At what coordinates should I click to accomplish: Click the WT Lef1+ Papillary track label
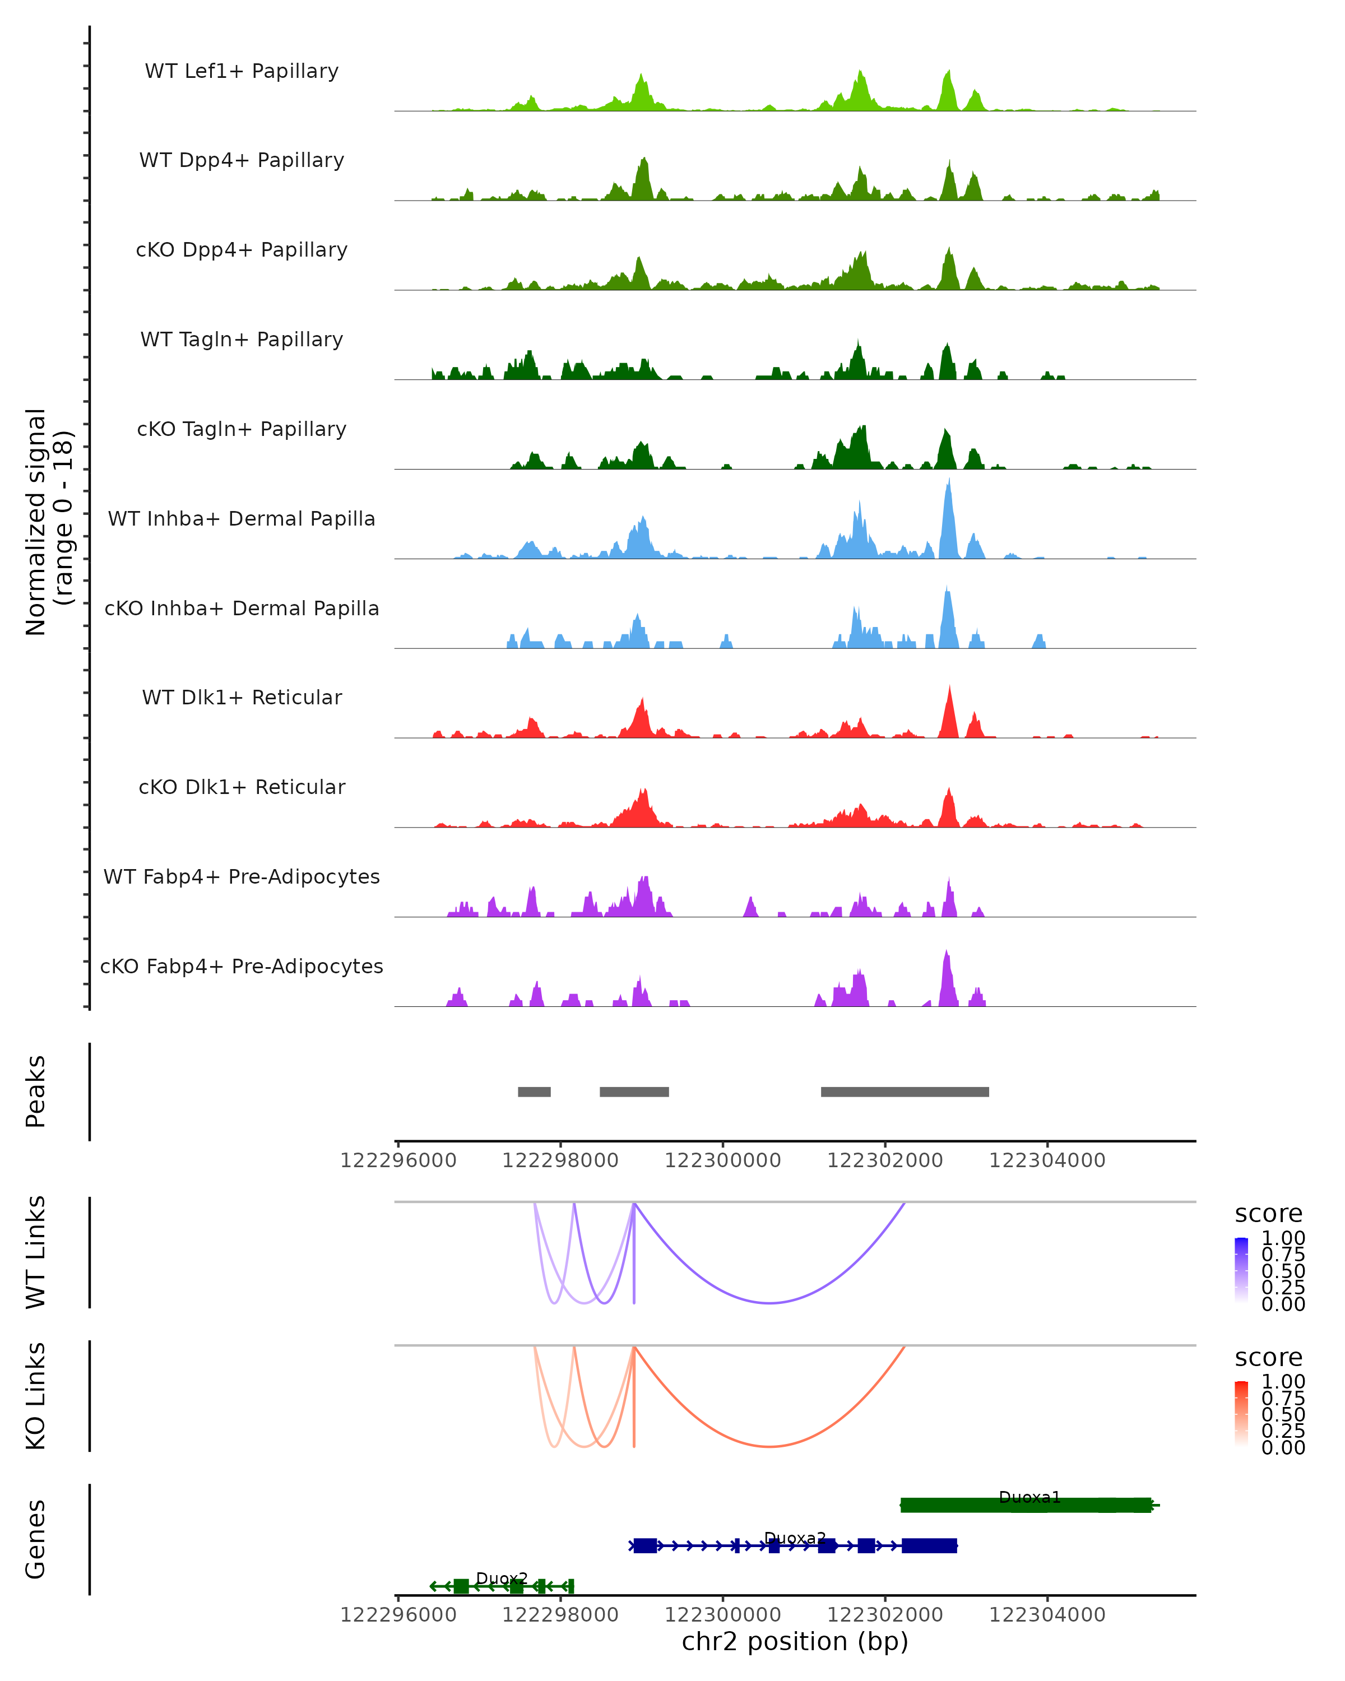click(242, 71)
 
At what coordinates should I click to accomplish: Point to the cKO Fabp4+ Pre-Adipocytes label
click(242, 966)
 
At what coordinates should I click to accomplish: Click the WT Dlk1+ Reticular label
click(242, 697)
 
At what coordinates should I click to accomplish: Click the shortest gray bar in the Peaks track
click(534, 1092)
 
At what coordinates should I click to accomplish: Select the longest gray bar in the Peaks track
click(905, 1092)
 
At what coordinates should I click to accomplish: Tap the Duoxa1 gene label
click(1029, 1497)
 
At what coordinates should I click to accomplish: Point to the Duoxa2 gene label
click(795, 1538)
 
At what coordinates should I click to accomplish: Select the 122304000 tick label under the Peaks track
click(1047, 1160)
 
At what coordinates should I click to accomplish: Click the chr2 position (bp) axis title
click(795, 1642)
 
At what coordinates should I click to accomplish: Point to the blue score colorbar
click(1241, 1270)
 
